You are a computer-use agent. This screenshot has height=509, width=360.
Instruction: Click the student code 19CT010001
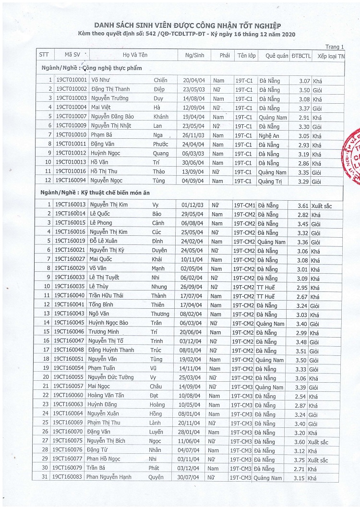(x=71, y=80)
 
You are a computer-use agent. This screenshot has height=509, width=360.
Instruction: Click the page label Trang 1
(x=335, y=47)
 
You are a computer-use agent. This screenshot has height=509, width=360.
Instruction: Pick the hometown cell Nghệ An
(x=268, y=135)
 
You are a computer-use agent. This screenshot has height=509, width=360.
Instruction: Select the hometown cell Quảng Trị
(x=270, y=181)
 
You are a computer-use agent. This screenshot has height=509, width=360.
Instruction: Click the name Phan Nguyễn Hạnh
(x=109, y=477)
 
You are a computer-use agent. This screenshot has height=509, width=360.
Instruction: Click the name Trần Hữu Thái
(x=106, y=296)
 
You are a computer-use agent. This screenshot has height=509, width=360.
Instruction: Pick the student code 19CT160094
(x=71, y=181)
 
